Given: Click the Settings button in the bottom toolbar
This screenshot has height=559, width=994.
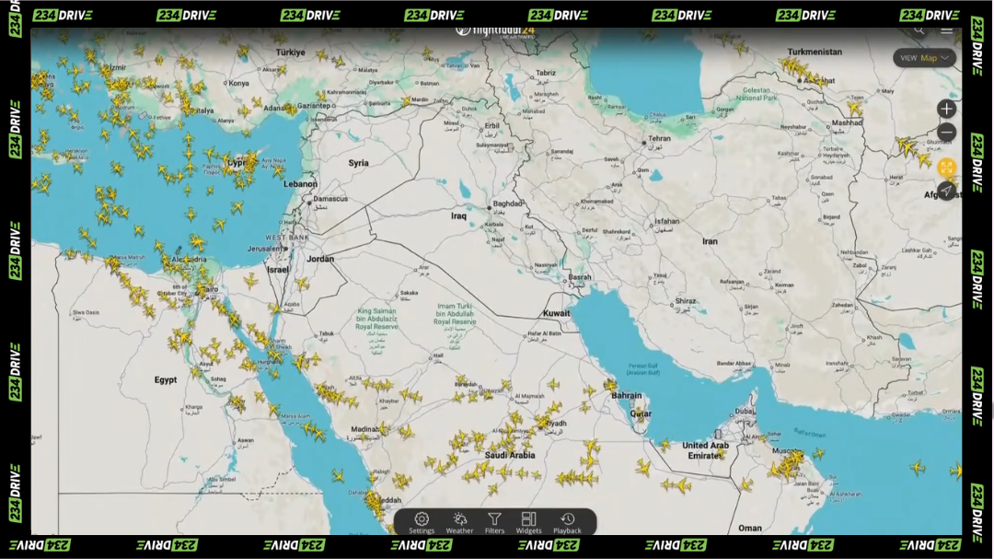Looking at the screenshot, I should coord(422,522).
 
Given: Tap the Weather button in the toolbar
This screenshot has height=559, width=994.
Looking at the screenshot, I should coord(459,522).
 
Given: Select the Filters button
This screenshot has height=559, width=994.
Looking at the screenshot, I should coord(494,522).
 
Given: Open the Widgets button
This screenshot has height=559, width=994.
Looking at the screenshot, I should coord(528,522).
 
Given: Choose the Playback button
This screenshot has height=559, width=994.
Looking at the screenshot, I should coord(567,522).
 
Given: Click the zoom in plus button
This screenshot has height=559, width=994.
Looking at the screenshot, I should coord(946,109).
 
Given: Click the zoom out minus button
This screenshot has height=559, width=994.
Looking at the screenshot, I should coord(946,133).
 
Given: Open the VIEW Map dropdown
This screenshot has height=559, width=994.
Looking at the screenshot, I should coord(924,58).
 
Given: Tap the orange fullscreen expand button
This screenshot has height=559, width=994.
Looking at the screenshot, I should coord(946,168).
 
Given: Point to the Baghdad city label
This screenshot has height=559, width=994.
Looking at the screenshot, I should coord(507,204).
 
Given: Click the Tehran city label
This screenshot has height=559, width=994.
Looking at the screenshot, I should coord(659,138).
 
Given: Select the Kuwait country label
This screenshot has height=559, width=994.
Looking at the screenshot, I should coord(556,313).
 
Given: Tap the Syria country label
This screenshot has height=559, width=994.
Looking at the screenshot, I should coord(358,163).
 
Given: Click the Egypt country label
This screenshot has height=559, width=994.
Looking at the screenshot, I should coord(166,379).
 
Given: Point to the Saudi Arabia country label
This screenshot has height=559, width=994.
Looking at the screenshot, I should coord(510,455).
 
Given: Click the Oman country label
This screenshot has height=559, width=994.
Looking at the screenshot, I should coord(750,528).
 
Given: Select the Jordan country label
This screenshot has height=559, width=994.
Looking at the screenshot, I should coord(320,259).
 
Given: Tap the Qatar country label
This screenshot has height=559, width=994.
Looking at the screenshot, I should coord(640,413).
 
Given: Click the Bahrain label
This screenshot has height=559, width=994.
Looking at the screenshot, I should coord(627,395).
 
